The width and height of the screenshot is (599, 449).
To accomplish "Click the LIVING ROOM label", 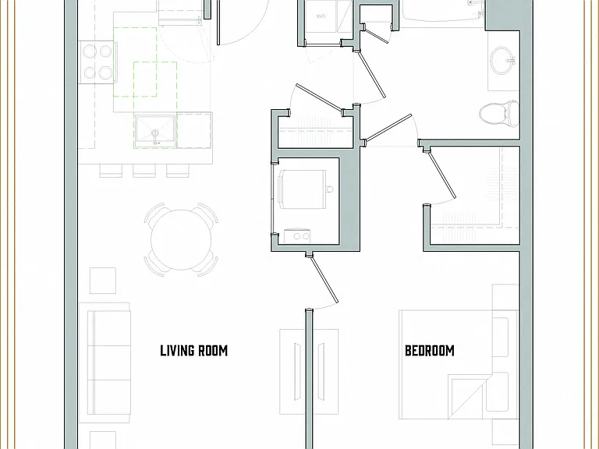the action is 193,351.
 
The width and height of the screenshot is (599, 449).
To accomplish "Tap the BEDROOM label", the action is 430,351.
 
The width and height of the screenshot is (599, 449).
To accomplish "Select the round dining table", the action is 181,240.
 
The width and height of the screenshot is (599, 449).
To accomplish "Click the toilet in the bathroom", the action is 499,113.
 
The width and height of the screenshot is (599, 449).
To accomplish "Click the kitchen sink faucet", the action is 155,136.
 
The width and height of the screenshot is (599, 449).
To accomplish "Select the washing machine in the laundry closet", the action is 303,189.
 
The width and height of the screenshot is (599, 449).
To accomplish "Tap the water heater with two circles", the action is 297,237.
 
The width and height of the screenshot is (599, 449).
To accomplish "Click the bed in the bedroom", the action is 459,364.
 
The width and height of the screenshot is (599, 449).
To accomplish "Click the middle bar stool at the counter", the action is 144,171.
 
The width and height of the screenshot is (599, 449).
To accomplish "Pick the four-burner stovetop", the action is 96,62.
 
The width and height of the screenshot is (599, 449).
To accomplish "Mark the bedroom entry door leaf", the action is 324,280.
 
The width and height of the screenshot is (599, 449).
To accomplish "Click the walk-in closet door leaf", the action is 442,175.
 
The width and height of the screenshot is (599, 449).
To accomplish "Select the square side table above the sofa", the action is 103,281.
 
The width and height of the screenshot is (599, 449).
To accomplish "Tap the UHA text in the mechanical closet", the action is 321,16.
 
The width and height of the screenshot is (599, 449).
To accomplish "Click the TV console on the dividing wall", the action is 309,372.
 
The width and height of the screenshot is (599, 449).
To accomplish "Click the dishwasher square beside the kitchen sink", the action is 194,130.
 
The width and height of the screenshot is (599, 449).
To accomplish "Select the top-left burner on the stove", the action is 90,51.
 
